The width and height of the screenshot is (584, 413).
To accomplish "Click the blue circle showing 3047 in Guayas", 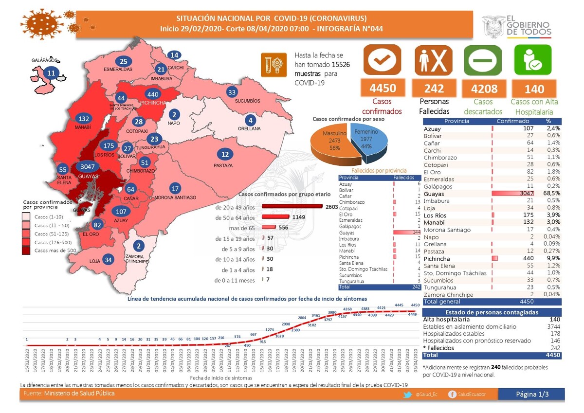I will point(88,166).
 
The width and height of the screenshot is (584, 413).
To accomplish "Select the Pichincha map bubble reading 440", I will point(153,94).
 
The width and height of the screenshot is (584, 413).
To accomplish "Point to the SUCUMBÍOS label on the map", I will point(247,101).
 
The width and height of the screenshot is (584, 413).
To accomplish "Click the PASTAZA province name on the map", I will point(223,165).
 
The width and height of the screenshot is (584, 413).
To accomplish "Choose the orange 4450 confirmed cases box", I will point(382,88).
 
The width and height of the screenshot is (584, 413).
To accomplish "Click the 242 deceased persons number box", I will point(434,88).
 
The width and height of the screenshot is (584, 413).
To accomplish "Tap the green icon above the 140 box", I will point(534,60).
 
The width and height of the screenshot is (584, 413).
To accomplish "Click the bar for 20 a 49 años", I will point(292,207).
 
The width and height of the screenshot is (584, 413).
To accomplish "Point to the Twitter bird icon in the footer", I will point(407,395).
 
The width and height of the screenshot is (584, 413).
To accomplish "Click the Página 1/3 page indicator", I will point(532,395).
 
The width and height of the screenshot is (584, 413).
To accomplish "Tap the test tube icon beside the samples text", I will point(273,65).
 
